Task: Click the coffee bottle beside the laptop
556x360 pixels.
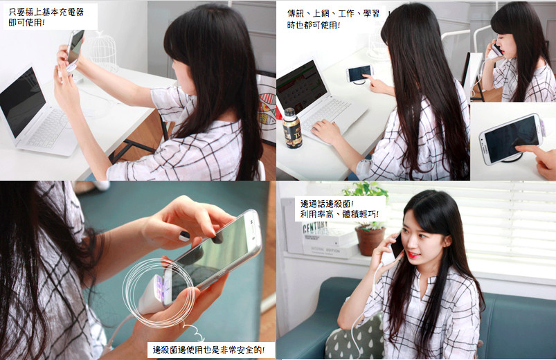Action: pyautogui.click(x=292, y=128)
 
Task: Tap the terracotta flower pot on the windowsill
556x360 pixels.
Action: pyautogui.click(x=370, y=240)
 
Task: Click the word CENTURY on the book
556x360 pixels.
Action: pyautogui.click(x=315, y=227)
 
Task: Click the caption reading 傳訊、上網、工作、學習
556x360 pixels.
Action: pyautogui.click(x=333, y=13)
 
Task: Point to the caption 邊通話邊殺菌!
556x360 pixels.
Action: pyautogui.click(x=327, y=204)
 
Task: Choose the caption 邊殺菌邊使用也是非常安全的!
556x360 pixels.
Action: pyautogui.click(x=208, y=350)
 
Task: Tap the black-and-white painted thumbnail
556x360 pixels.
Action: pyautogui.click(x=184, y=236)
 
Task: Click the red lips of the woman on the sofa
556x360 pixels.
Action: pyautogui.click(x=412, y=255)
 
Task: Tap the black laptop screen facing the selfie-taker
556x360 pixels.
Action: pyautogui.click(x=21, y=102)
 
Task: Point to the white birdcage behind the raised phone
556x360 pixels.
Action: pyautogui.click(x=102, y=52)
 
